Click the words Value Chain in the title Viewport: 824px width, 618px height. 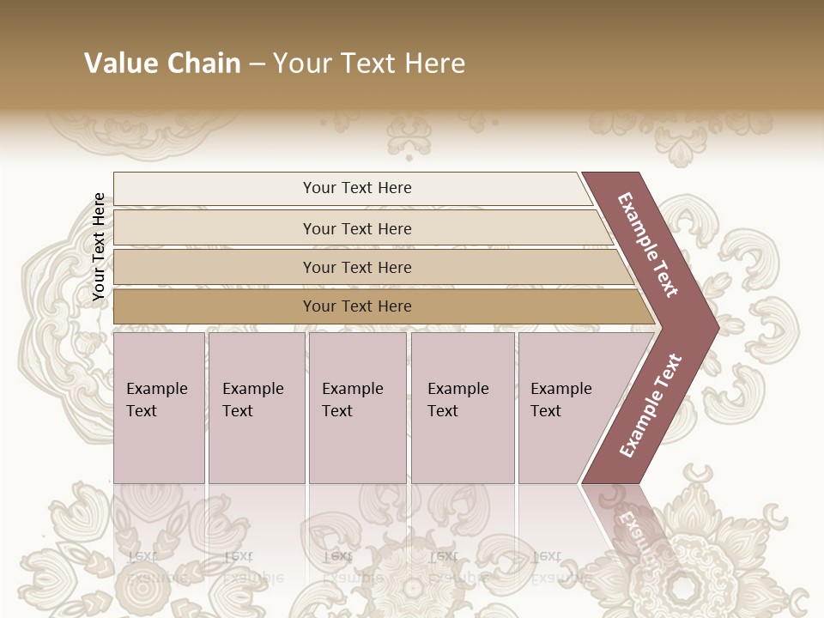pyautogui.click(x=162, y=64)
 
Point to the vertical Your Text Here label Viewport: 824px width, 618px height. pyautogui.click(x=99, y=247)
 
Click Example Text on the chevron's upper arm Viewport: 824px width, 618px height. pyautogui.click(x=648, y=245)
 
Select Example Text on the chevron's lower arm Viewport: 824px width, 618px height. pyautogui.click(x=651, y=405)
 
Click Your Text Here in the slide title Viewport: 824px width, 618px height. pyautogui.click(x=369, y=64)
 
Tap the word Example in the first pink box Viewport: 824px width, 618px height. pyautogui.click(x=156, y=389)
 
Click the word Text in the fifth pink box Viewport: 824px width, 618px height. pyautogui.click(x=546, y=411)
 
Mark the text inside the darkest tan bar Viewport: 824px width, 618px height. pyautogui.click(x=357, y=306)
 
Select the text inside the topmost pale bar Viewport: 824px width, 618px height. pyautogui.click(x=357, y=188)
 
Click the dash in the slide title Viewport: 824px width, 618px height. pyautogui.click(x=257, y=64)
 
